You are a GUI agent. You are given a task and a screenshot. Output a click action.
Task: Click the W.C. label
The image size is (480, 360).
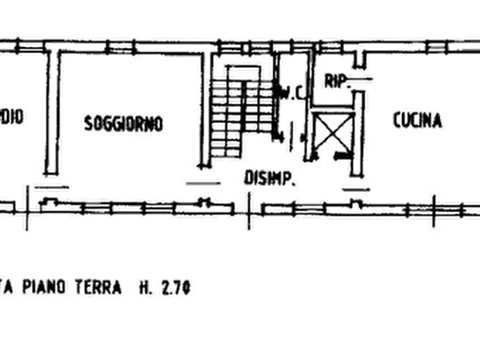tap(292, 93)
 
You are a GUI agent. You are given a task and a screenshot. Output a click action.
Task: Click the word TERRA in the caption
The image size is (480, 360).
tap(101, 287)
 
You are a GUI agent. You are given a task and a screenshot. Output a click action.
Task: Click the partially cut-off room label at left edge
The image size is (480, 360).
tap(12, 116)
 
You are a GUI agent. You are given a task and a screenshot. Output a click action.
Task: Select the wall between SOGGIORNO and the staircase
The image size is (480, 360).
tap(205, 107)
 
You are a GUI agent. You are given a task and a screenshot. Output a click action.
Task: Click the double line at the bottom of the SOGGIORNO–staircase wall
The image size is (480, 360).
tap(203, 182)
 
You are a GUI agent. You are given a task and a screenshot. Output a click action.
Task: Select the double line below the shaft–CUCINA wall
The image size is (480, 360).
tap(356, 189)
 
